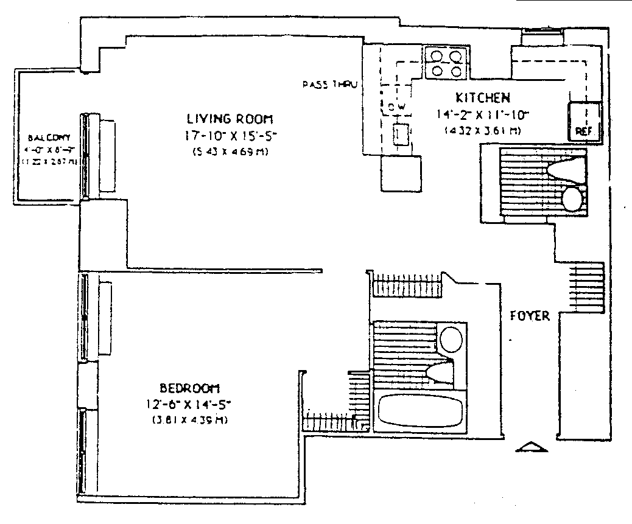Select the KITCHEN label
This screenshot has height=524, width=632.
tap(482, 97)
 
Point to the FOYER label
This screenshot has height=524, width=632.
tap(530, 316)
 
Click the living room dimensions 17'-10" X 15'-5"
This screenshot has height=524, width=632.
tap(230, 136)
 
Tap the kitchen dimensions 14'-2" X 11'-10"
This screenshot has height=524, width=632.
tap(482, 113)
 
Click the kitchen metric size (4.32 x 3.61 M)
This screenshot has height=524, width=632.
tap(482, 129)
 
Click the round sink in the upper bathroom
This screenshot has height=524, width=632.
tap(573, 198)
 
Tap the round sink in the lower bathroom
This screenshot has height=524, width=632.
tap(451, 340)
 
